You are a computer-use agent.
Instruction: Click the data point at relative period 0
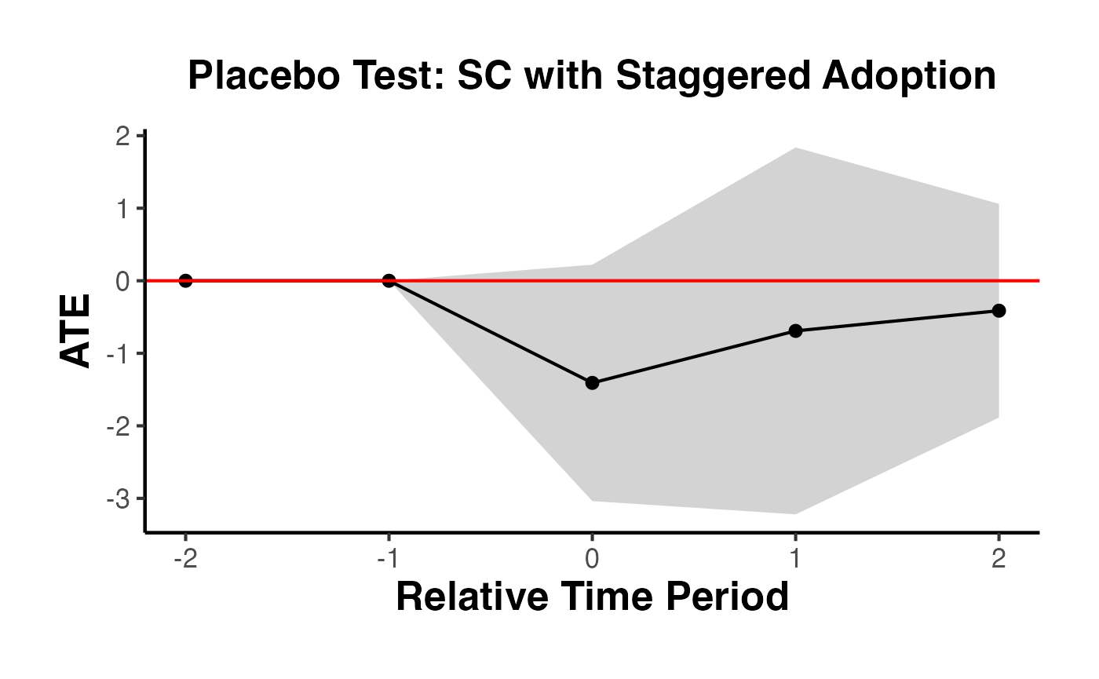pos(592,383)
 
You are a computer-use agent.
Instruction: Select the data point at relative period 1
pos(795,330)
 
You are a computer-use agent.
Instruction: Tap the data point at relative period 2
pos(999,311)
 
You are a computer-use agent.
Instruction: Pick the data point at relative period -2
pos(185,280)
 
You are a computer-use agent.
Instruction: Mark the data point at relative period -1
pos(389,280)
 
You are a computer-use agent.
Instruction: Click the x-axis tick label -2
pos(185,559)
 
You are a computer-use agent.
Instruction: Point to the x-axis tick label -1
pos(388,559)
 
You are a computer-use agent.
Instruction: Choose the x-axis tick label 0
pos(593,559)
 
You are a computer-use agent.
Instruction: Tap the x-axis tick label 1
pos(795,559)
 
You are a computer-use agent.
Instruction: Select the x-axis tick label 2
pos(999,559)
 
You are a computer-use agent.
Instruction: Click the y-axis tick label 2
pos(123,137)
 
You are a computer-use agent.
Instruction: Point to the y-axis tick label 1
pos(123,209)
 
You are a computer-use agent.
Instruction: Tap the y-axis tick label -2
pos(120,426)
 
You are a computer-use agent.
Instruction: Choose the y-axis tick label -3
pos(120,499)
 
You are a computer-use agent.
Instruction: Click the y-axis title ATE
pos(76,331)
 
